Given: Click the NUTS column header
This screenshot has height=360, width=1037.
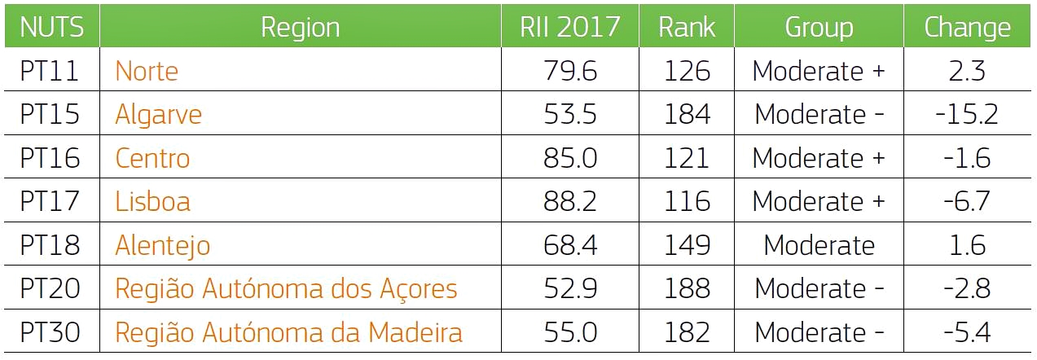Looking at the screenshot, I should pyautogui.click(x=51, y=27).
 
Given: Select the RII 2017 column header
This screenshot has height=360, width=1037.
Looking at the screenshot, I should pyautogui.click(x=569, y=27).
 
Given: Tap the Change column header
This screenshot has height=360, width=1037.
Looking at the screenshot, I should pyautogui.click(x=967, y=27).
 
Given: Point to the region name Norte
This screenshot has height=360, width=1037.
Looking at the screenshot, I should pyautogui.click(x=147, y=71).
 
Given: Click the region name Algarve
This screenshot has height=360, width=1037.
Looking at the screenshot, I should pyautogui.click(x=158, y=114).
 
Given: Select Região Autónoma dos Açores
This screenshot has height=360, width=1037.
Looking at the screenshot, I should pyautogui.click(x=286, y=288).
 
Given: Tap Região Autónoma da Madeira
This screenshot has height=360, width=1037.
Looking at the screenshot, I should pyautogui.click(x=288, y=332).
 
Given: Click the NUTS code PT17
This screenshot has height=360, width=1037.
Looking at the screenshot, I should pyautogui.click(x=50, y=201).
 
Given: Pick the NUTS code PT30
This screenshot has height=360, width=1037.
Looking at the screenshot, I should pyautogui.click(x=50, y=332).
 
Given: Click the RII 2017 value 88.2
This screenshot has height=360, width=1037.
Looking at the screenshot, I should pyautogui.click(x=569, y=201).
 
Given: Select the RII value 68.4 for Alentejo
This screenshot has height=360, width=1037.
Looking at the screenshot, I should pyautogui.click(x=569, y=245).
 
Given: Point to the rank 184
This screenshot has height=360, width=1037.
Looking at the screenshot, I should pyautogui.click(x=686, y=114).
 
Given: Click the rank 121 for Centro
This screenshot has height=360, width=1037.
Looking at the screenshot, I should pyautogui.click(x=686, y=158).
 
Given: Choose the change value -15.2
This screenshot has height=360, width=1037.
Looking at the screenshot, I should pyautogui.click(x=967, y=114).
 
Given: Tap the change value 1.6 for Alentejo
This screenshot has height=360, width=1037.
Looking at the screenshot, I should pyautogui.click(x=967, y=245).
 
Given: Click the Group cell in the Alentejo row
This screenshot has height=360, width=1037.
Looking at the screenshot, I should pyautogui.click(x=819, y=245).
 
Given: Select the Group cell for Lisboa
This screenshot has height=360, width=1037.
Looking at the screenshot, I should pyautogui.click(x=819, y=201).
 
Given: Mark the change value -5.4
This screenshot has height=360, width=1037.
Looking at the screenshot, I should pyautogui.click(x=967, y=332).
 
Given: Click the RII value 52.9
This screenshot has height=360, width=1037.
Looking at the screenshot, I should pyautogui.click(x=569, y=288).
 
